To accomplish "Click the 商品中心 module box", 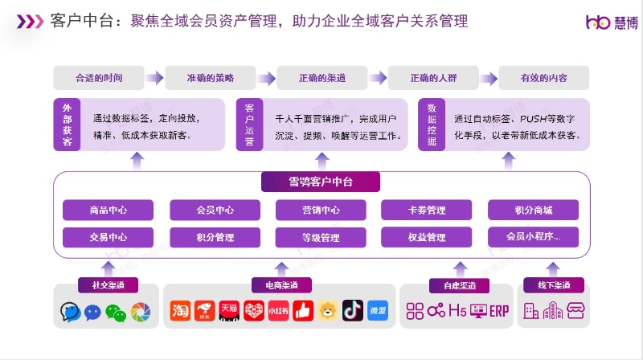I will tap(109, 211).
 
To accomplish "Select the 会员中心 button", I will tap(215, 211).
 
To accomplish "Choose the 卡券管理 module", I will tap(426, 211).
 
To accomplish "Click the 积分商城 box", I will tap(533, 211).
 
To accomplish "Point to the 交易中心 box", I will tap(109, 238).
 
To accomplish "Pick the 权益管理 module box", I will tap(426, 238).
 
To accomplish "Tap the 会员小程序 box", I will tap(533, 237).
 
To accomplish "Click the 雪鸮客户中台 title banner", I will tap(320, 182).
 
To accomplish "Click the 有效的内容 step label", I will tap(544, 78).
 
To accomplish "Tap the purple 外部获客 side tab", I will tap(67, 125).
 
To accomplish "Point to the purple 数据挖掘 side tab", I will tap(432, 125).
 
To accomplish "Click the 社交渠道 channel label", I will tap(108, 285).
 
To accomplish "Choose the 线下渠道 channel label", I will tap(554, 285).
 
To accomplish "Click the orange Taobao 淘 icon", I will tap(181, 310).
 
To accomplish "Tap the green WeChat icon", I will tap(116, 311).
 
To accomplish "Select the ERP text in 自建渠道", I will tap(499, 310).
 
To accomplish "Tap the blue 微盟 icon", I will tap(378, 310).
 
